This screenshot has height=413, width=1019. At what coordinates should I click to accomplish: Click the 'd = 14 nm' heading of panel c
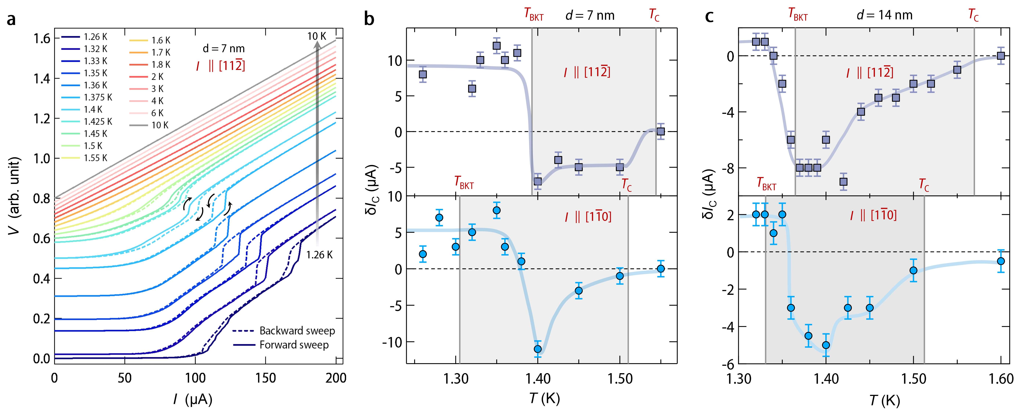click(884, 15)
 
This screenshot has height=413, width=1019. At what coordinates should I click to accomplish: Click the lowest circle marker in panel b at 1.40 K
click(537, 349)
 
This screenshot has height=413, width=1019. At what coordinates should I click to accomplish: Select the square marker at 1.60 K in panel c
click(1001, 56)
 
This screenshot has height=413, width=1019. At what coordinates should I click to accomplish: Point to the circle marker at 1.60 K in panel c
click(1001, 261)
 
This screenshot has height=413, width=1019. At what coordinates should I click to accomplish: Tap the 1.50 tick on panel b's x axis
click(620, 378)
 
